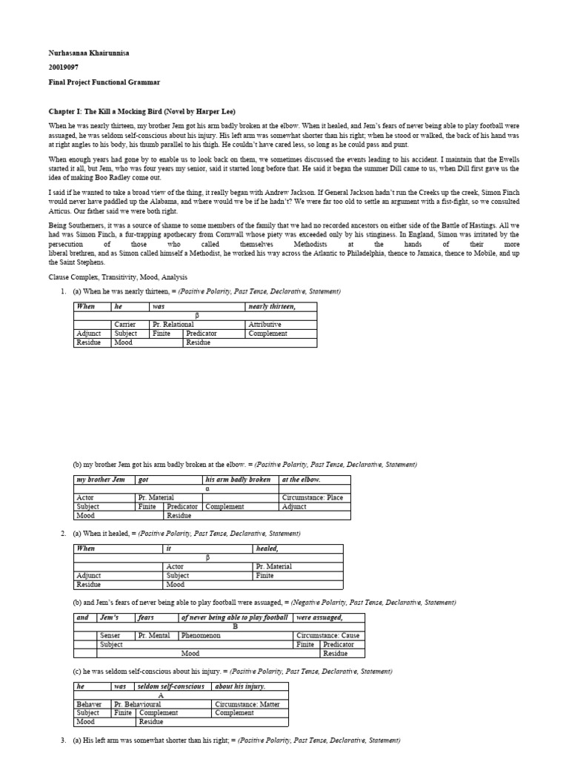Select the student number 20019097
point(65,67)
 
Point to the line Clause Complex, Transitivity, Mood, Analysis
point(113,277)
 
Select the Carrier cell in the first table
point(125,325)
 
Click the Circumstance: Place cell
point(312,497)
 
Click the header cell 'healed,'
point(267,548)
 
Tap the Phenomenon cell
point(201,635)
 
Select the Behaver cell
point(90,704)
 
